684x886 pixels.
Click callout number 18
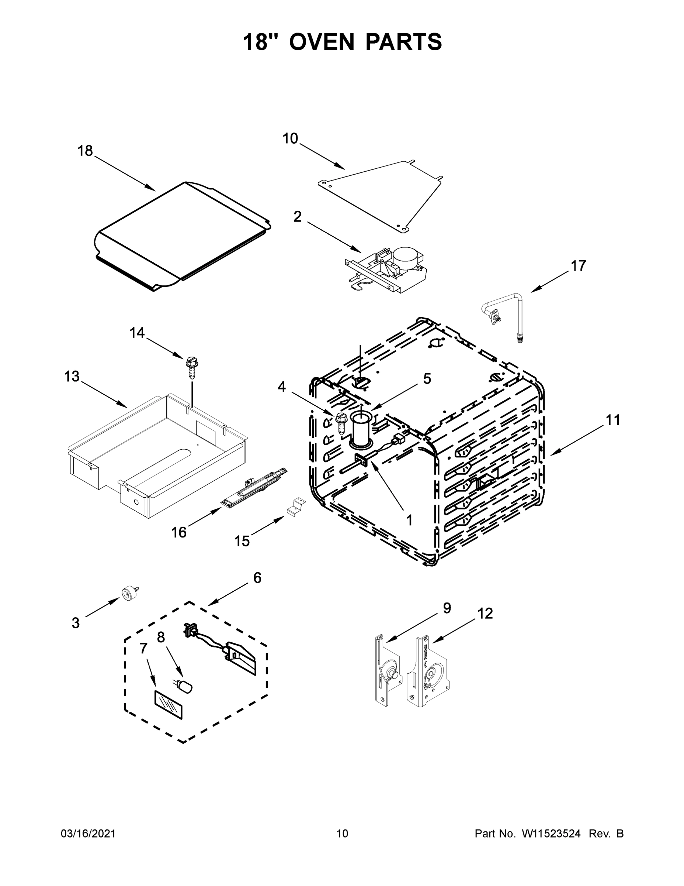tap(85, 151)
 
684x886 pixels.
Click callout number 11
tap(613, 420)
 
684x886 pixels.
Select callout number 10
tap(290, 139)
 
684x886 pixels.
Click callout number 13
tap(72, 377)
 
